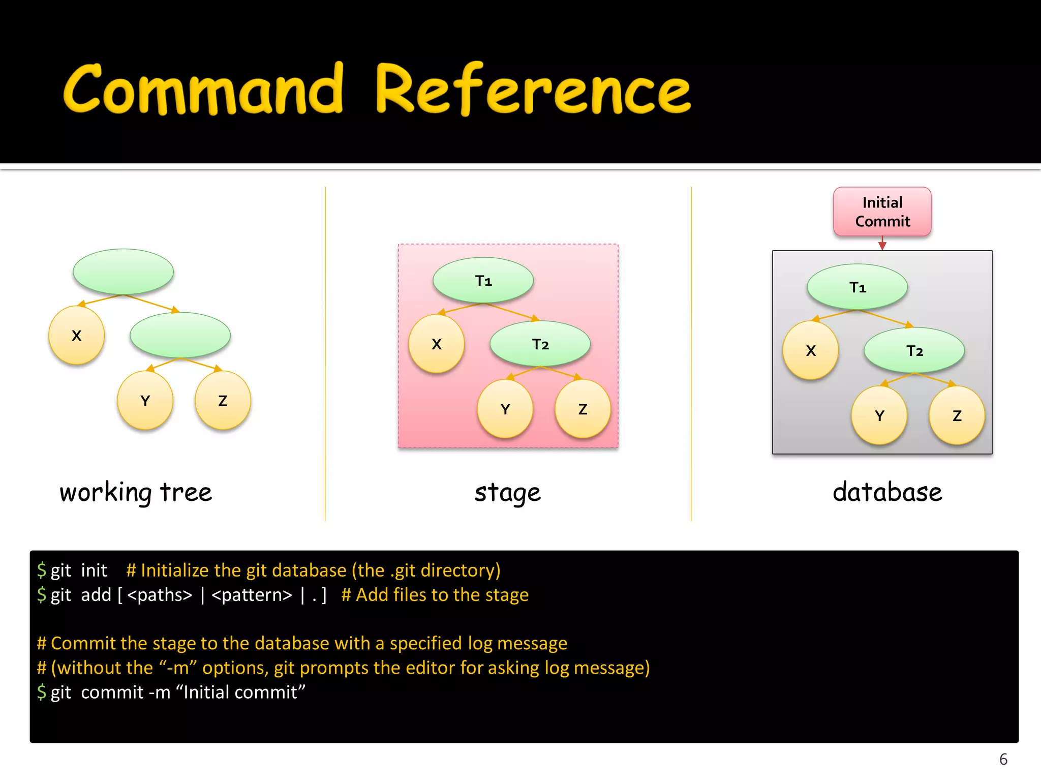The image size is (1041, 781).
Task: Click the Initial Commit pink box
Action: coord(882,212)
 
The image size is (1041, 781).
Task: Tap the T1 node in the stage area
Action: coord(483,280)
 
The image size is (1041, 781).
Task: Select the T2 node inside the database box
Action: coord(914,350)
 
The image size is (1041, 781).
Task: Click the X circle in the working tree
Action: coord(76,336)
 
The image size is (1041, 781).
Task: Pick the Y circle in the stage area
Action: coord(505,409)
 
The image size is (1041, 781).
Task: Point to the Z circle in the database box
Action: coord(957,416)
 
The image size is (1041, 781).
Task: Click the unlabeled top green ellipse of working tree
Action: coord(123,272)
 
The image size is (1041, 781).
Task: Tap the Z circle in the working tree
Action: coord(223,401)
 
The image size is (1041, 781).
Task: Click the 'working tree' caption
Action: coord(135,492)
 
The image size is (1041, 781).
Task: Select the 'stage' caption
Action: coord(507,492)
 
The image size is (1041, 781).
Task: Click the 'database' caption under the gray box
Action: coord(887,492)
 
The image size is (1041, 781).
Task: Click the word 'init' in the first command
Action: coord(94,570)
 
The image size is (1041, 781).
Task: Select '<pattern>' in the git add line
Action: coord(252,595)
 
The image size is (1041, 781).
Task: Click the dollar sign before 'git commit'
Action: coord(41,692)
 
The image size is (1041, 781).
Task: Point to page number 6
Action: coord(1003,759)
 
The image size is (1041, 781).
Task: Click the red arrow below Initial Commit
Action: coord(882,244)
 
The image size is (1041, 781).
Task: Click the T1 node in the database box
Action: coord(857,287)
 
